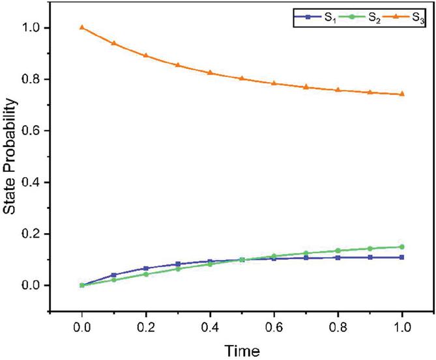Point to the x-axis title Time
point(242,350)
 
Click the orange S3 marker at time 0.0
point(82,27)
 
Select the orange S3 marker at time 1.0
point(402,94)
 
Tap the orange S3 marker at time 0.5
point(242,78)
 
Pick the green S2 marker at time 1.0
point(402,247)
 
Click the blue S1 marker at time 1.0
point(402,257)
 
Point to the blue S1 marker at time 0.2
point(146,268)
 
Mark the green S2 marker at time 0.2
point(146,274)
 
